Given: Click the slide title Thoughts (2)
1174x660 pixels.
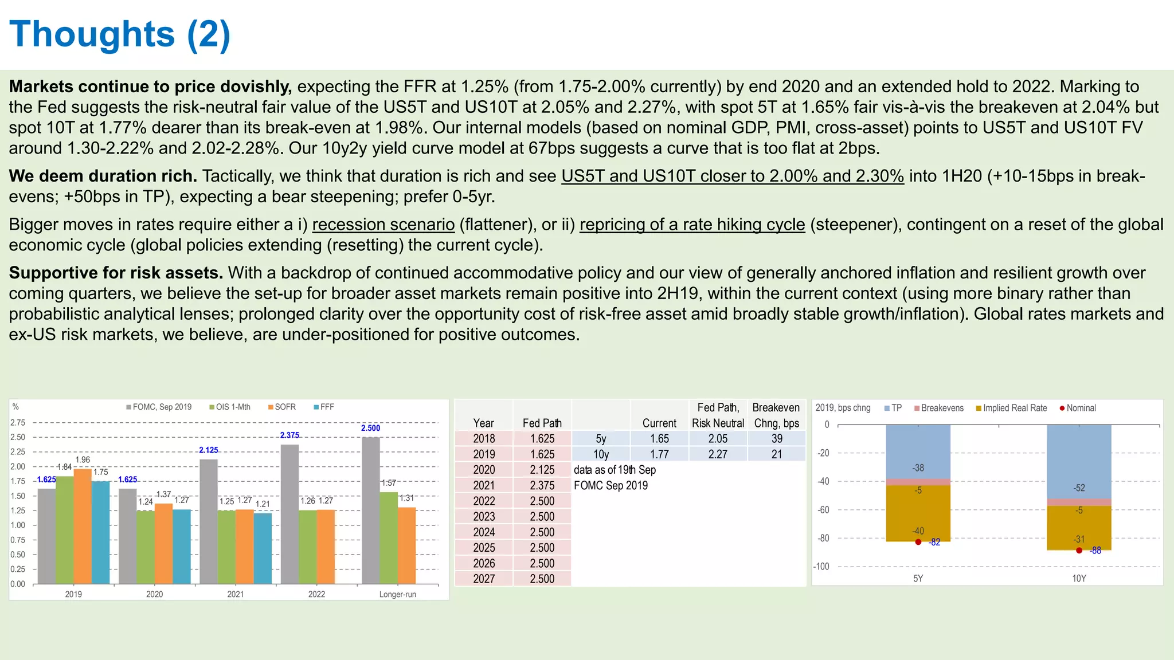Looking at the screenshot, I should [120, 34].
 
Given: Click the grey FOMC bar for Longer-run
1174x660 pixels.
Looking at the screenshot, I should [371, 510].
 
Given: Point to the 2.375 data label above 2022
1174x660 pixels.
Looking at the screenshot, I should [289, 435].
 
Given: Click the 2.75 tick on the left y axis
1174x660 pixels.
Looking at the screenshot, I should [18, 423].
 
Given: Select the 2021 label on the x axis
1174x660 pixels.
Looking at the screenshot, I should [236, 594].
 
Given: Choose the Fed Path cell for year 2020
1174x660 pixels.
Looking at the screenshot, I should [542, 470].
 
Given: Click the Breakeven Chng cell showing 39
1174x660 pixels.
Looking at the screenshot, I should [777, 439].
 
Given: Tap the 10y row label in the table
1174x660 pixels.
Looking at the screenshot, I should [601, 454].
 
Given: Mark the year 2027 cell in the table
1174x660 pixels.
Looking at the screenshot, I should [484, 579].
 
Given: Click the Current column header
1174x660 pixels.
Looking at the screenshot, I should [659, 423].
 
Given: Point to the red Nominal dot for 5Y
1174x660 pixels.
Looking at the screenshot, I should [918, 542].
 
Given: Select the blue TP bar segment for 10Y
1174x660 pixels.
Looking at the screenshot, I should [1079, 461].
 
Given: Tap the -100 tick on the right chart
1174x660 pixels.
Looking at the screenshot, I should [821, 567].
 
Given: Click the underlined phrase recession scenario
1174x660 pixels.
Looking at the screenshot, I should [383, 225].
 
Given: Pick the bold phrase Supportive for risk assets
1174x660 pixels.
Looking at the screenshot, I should [116, 273].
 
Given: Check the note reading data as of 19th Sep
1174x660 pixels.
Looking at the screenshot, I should [615, 470].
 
